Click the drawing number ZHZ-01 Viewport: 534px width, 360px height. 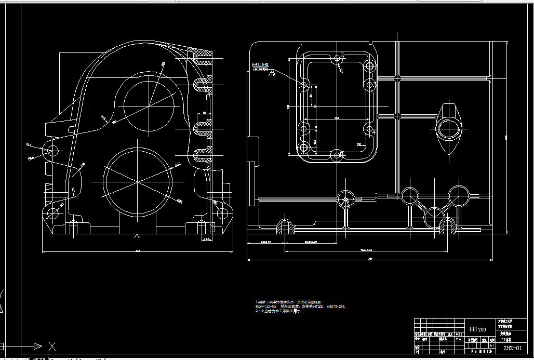(x=515, y=348)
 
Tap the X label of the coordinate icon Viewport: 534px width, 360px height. (x=52, y=345)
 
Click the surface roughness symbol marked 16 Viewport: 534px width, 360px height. (x=272, y=74)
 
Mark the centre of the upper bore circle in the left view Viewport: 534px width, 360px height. (x=149, y=106)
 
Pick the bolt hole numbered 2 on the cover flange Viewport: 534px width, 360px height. (x=337, y=56)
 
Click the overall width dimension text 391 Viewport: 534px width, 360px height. (x=370, y=258)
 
